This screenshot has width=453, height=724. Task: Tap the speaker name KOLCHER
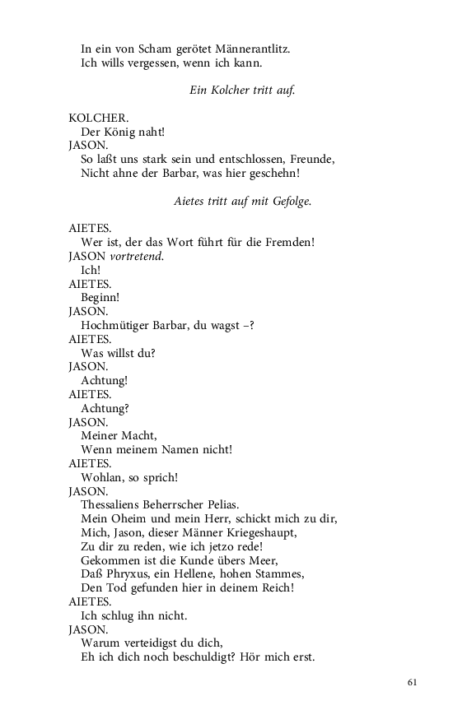click(x=92, y=118)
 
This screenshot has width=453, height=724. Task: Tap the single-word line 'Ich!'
click(x=91, y=270)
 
